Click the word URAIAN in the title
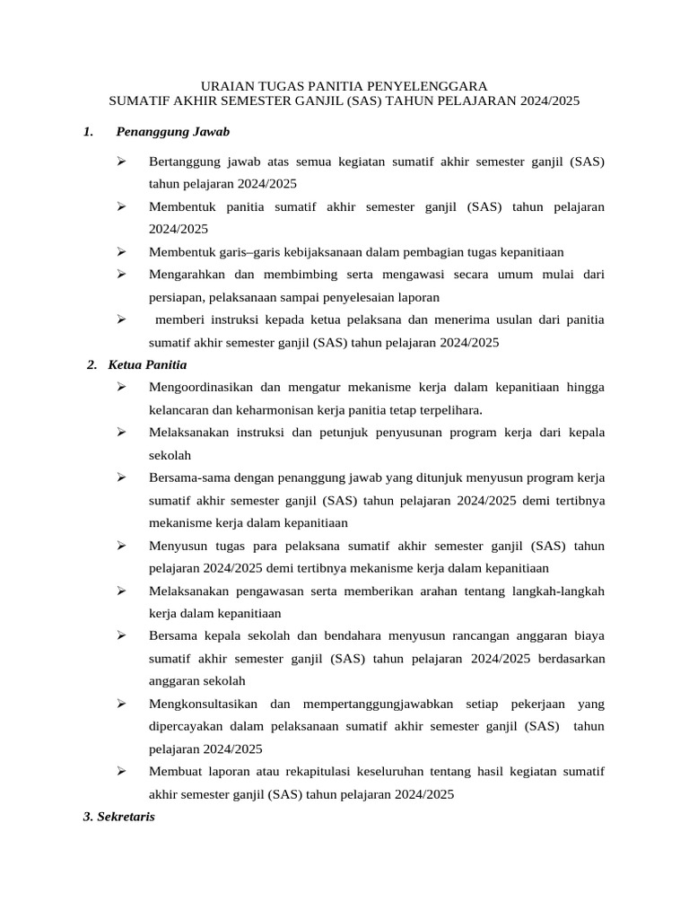tap(223, 85)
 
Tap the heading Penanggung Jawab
tap(173, 132)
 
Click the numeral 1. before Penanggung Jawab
tap(88, 132)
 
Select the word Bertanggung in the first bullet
tap(184, 162)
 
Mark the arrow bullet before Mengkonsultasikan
tap(121, 704)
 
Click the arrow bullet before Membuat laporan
tap(121, 771)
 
